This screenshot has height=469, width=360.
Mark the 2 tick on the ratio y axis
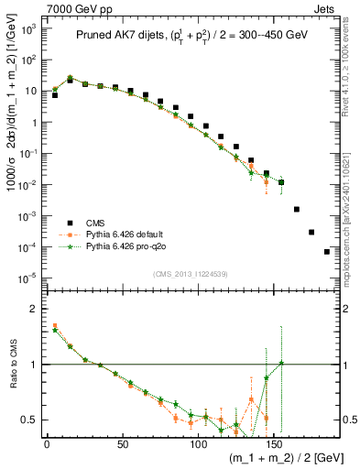point(33,309)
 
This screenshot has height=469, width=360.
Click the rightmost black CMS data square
point(327,251)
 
